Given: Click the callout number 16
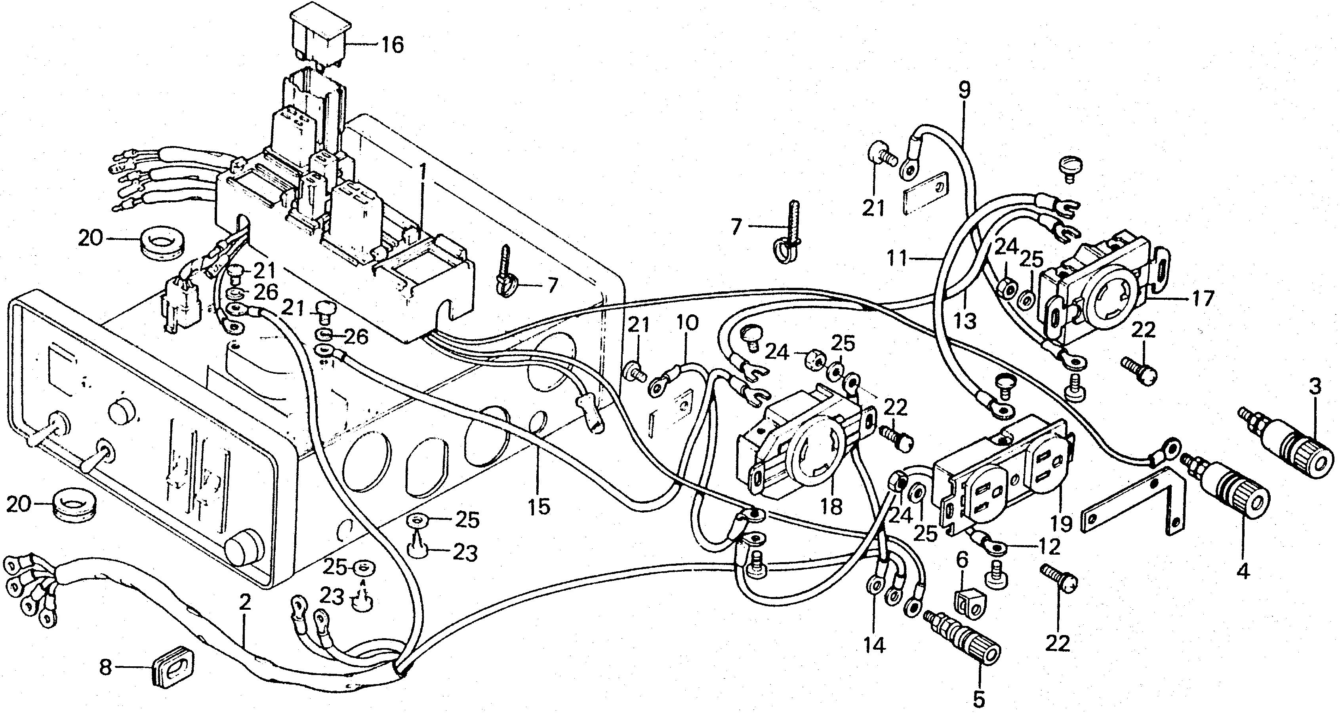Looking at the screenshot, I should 392,45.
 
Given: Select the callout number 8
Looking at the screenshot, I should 106,667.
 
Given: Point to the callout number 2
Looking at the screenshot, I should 245,603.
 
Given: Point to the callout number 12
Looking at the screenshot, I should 1049,547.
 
